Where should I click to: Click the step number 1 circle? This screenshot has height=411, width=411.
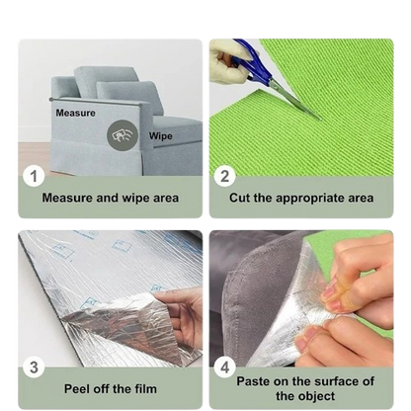[x=34, y=176]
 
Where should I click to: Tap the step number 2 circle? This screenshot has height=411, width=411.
[x=224, y=176]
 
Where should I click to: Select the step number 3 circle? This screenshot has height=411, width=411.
[x=34, y=368]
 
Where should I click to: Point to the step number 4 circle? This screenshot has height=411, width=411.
[x=224, y=368]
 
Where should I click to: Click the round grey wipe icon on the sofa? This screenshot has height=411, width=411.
[x=123, y=135]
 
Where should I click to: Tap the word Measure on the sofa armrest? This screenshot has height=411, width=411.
[x=75, y=113]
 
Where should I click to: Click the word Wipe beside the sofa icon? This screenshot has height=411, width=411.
[x=160, y=136]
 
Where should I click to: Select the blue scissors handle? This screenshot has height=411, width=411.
[x=254, y=62]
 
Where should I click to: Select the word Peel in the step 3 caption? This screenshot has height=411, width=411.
[x=77, y=389]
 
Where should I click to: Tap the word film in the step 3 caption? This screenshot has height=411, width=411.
[x=145, y=389]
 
